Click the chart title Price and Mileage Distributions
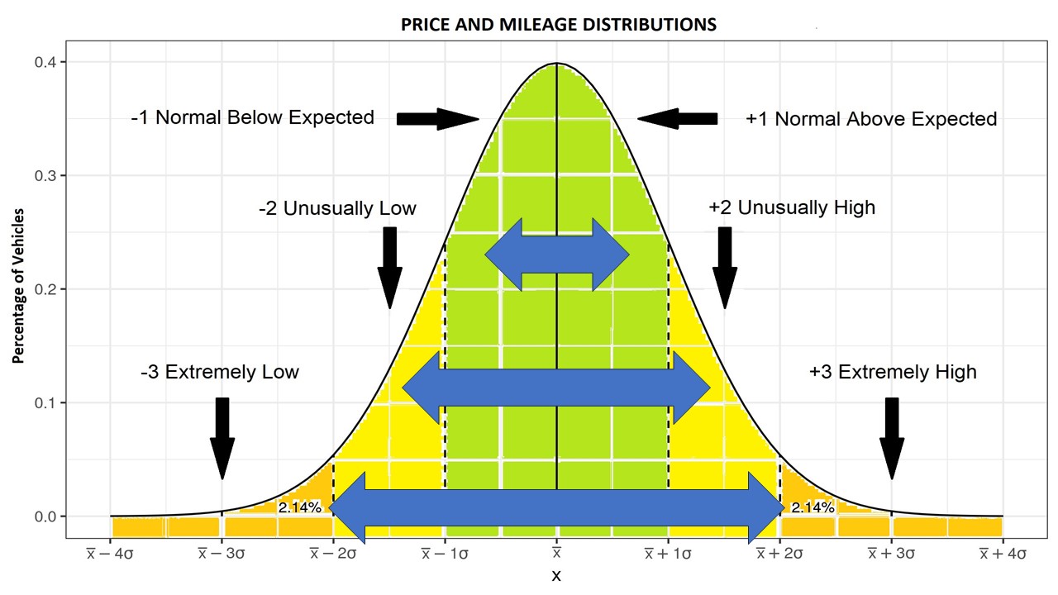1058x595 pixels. pyautogui.click(x=558, y=25)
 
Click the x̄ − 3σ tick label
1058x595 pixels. pyautogui.click(x=222, y=554)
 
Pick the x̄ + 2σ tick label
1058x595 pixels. pyautogui.click(x=779, y=554)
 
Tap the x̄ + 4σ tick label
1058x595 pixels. pyautogui.click(x=1003, y=554)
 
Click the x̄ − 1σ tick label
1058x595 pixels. pyautogui.click(x=445, y=554)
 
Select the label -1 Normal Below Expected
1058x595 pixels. pyautogui.click(x=252, y=117)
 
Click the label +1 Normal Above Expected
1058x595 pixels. pyautogui.click(x=871, y=119)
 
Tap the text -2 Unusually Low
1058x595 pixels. pyautogui.click(x=337, y=208)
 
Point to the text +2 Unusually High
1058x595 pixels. pyautogui.click(x=791, y=207)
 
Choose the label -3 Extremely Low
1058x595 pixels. pyautogui.click(x=220, y=372)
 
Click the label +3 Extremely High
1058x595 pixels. pyautogui.click(x=893, y=372)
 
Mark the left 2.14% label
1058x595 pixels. pyautogui.click(x=299, y=507)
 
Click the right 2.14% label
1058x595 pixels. pyautogui.click(x=812, y=507)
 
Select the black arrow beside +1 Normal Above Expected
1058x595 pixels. pyautogui.click(x=677, y=119)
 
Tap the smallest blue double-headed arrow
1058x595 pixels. pyautogui.click(x=557, y=255)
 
